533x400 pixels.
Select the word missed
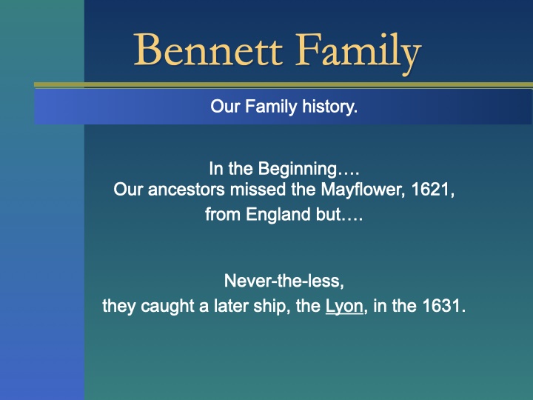point(256,190)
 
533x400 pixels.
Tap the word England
point(273,216)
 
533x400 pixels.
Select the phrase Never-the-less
point(284,281)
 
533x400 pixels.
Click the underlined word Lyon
point(344,306)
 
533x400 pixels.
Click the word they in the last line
point(117,306)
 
